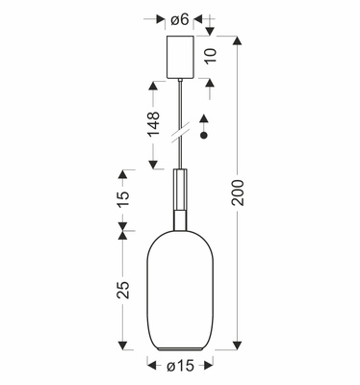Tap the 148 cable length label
[152, 123]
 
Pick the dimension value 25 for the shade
[122, 291]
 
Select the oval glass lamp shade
[180, 289]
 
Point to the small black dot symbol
[202, 139]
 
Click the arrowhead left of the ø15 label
[152, 365]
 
